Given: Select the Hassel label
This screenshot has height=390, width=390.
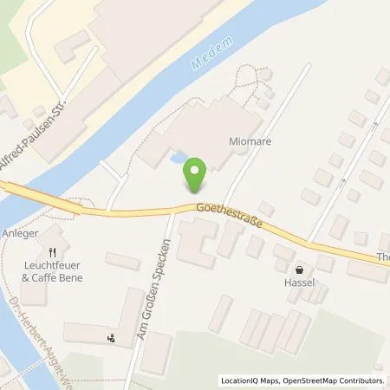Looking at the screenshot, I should click(x=300, y=283).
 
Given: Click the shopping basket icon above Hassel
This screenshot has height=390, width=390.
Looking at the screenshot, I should click(x=300, y=270).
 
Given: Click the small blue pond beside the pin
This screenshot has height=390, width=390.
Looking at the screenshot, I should click(x=179, y=159).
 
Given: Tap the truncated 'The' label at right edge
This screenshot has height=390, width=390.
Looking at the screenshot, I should click(x=381, y=256).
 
